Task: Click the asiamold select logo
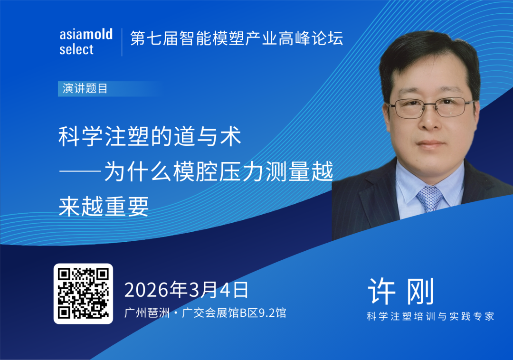[86, 42]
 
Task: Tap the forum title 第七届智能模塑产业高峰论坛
[237, 38]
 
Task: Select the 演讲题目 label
[85, 89]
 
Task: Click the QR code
[83, 294]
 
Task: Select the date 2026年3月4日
[186, 289]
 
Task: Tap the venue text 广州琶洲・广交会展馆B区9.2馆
[205, 313]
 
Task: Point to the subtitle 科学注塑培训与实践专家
[430, 316]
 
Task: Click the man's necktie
[430, 198]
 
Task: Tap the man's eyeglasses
[430, 107]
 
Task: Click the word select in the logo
[76, 49]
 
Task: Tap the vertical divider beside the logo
[122, 42]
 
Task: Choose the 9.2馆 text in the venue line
[270, 313]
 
